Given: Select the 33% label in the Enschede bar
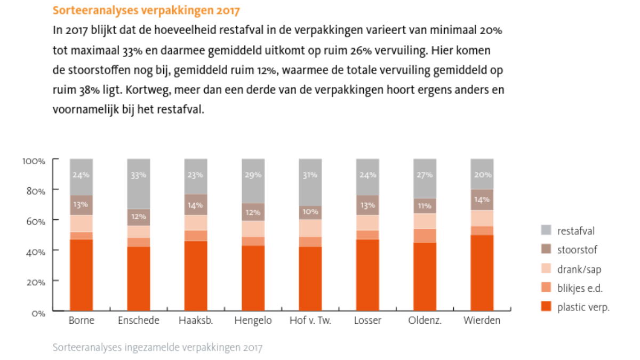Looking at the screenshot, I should pyautogui.click(x=139, y=175).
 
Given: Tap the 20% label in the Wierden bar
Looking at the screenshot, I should pyautogui.click(x=482, y=175).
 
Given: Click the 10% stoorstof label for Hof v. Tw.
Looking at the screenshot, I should pyautogui.click(x=310, y=212).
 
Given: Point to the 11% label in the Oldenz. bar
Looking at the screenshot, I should pyautogui.click(x=425, y=206).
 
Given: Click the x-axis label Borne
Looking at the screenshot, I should pyautogui.click(x=82, y=321).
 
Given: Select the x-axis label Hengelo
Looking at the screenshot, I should pyautogui.click(x=253, y=321).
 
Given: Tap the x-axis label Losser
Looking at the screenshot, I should pyautogui.click(x=367, y=321).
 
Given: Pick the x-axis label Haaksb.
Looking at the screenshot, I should pyautogui.click(x=196, y=321).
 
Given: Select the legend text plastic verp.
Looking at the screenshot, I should pyautogui.click(x=583, y=307).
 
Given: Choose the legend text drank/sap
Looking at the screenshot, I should pyautogui.click(x=579, y=269).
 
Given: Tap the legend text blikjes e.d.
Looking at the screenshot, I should pyautogui.click(x=580, y=288).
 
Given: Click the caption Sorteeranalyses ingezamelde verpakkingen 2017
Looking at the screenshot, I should pyautogui.click(x=157, y=348).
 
